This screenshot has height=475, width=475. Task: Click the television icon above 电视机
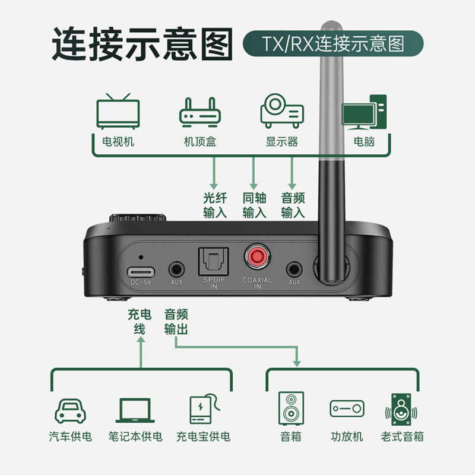(118, 112)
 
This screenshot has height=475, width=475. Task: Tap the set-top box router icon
(200, 112)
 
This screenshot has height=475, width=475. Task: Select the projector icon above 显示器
(282, 111)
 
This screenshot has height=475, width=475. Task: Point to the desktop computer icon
(364, 112)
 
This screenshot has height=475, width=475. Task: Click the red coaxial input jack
(257, 257)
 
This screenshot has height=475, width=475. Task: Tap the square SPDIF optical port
(213, 261)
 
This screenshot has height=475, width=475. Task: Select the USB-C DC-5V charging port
(141, 272)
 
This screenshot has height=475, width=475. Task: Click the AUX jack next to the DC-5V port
(176, 270)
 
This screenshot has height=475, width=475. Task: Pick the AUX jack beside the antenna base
(294, 270)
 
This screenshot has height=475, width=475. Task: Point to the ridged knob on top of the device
(138, 218)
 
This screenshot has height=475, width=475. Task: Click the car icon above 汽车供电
(70, 411)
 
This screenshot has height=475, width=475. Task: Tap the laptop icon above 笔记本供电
(135, 410)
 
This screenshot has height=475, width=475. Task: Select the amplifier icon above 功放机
(347, 408)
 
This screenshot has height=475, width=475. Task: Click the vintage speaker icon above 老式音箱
(401, 410)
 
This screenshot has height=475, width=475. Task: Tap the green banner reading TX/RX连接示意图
(333, 43)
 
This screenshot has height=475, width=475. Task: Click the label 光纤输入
(215, 205)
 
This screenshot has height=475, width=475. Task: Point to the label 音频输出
(176, 322)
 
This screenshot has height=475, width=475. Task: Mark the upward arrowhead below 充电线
(141, 340)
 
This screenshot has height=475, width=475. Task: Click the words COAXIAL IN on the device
(257, 283)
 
